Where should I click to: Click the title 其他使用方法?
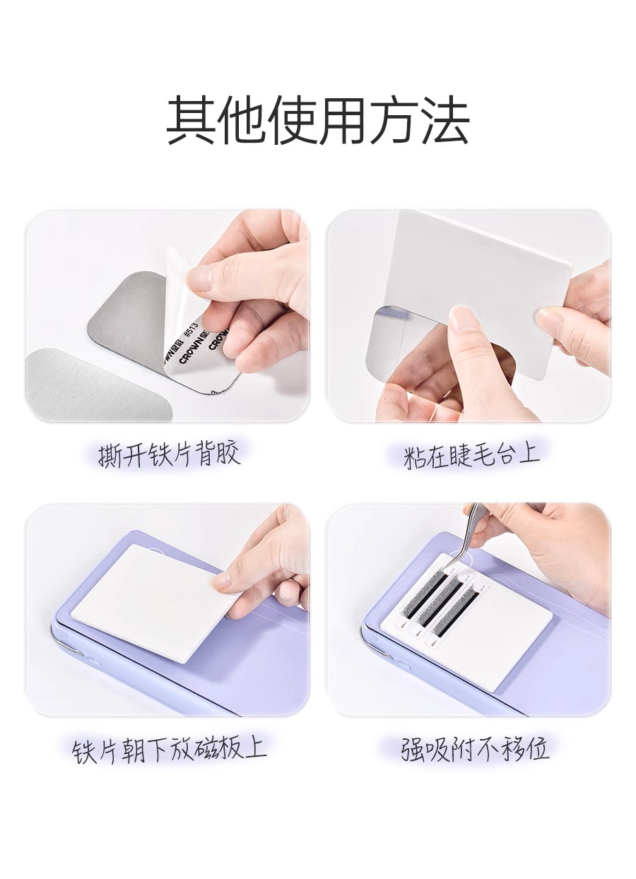[x=318, y=121]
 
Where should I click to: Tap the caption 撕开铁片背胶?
[x=169, y=455]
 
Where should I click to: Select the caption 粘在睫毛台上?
[x=471, y=455]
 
